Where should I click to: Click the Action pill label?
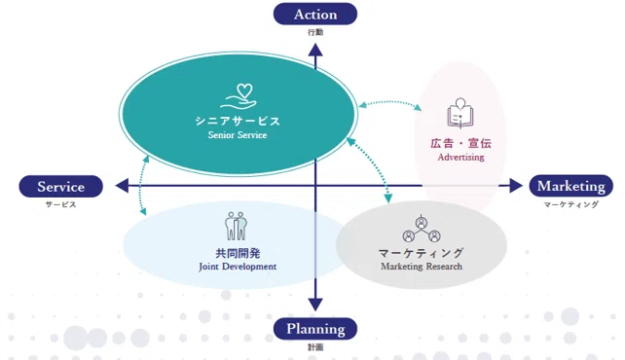pos(314,14)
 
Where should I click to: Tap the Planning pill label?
pos(314,329)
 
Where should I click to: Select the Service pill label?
pos(61,187)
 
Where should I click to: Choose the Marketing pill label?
pos(570,186)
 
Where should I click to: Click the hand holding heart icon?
pos(239,96)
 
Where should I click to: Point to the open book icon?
pos(460,113)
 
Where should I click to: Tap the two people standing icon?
pos(236,226)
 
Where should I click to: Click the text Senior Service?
pos(238,135)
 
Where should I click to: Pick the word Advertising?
pos(460,157)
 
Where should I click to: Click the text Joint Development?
pos(238,267)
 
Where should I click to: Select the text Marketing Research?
pos(422,266)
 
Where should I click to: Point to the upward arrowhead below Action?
pos(315,50)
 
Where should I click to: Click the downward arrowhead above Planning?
pos(315,305)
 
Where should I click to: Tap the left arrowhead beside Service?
pos(122,186)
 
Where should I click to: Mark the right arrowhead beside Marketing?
pos(516,186)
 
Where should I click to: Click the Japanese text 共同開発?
pos(238,253)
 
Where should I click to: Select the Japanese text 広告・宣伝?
pos(460,143)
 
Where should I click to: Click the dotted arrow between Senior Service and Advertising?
pos(389,102)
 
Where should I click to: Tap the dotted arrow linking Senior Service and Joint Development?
pos(140,185)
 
